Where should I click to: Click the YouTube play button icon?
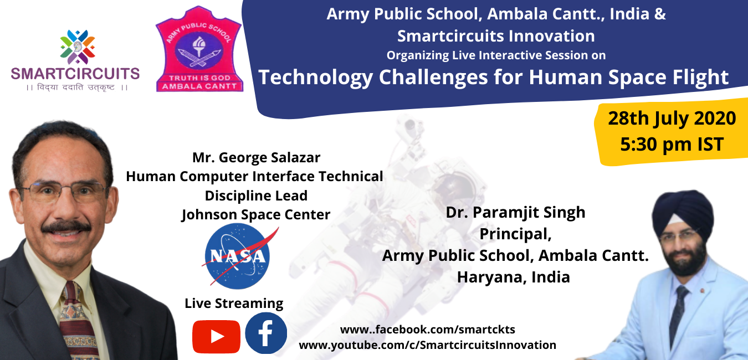216,337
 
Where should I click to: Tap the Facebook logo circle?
266,333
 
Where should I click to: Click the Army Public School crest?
199,49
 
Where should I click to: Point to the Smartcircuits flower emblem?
78,47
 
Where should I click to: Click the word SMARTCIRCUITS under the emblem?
75,74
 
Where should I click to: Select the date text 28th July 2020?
672,119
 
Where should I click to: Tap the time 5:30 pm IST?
672,145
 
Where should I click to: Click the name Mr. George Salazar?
256,157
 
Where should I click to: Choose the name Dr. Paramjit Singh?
515,213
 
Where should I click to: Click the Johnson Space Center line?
256,214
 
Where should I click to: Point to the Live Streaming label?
234,304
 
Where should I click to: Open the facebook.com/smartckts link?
427,330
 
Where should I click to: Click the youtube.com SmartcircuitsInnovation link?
427,345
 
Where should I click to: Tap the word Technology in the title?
315,78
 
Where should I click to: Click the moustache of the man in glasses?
66,227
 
